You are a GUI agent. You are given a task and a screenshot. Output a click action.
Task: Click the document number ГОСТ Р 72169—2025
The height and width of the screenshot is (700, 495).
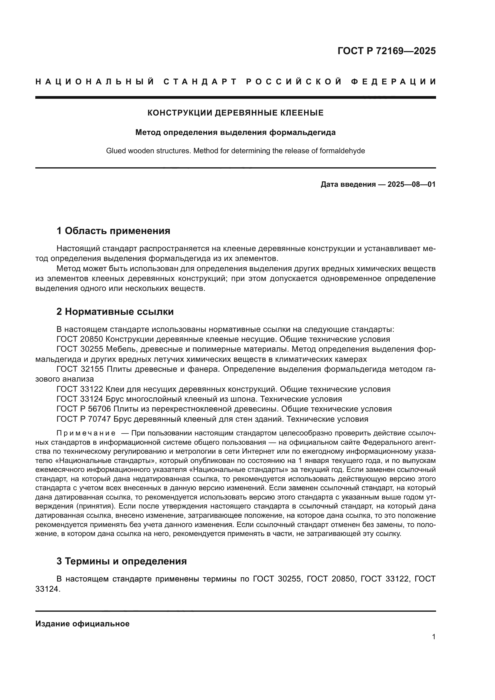click(386, 51)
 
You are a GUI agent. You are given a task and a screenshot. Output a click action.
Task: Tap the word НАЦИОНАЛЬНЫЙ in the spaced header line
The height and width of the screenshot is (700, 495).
click(95, 82)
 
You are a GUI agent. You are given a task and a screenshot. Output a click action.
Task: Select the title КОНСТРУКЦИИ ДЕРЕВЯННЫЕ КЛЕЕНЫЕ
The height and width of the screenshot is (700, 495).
click(235, 113)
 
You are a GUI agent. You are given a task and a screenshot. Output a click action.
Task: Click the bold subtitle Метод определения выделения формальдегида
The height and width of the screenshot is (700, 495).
click(235, 133)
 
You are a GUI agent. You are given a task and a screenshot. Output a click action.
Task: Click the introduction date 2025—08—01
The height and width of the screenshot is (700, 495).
click(412, 184)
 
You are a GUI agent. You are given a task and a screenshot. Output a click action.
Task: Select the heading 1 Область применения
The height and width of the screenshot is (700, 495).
click(113, 231)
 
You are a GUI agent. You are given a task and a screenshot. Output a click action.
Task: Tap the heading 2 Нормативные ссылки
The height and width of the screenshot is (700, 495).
click(115, 312)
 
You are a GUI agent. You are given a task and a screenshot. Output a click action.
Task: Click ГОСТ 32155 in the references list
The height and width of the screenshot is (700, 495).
click(80, 369)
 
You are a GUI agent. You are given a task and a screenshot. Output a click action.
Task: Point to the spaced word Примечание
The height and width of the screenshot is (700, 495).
click(86, 433)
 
